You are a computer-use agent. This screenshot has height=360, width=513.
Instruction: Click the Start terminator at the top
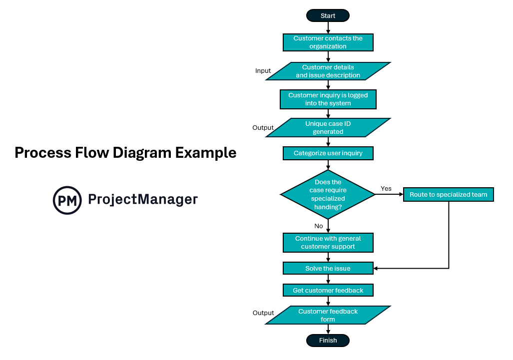328,15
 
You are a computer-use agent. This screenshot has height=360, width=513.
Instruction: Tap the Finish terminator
328,341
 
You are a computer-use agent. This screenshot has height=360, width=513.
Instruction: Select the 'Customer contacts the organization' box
328,42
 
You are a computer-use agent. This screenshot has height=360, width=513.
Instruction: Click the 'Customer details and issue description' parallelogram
328,71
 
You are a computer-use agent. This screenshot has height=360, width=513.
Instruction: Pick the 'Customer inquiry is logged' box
328,99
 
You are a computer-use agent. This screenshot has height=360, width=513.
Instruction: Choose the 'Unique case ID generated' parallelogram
328,128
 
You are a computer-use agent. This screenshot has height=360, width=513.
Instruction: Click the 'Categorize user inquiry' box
328,153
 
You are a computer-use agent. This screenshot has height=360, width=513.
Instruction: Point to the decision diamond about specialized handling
328,194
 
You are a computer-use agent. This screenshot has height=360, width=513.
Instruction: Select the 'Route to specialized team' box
448,194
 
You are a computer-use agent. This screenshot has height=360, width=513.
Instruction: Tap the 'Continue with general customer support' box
328,243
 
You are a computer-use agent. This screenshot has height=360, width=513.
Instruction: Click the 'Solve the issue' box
328,269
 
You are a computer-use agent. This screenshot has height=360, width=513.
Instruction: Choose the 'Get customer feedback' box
328,290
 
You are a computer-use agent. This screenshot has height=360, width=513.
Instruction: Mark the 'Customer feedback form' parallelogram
328,315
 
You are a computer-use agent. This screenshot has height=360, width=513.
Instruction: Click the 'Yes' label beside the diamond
386,188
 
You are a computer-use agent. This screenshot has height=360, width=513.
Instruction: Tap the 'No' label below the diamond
319,226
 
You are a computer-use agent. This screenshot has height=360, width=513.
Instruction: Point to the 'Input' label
263,71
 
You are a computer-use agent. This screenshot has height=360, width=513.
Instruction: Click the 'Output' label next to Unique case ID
263,128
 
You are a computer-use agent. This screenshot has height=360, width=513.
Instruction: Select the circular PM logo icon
67,200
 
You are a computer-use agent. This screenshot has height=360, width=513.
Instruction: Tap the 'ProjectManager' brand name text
143,200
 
